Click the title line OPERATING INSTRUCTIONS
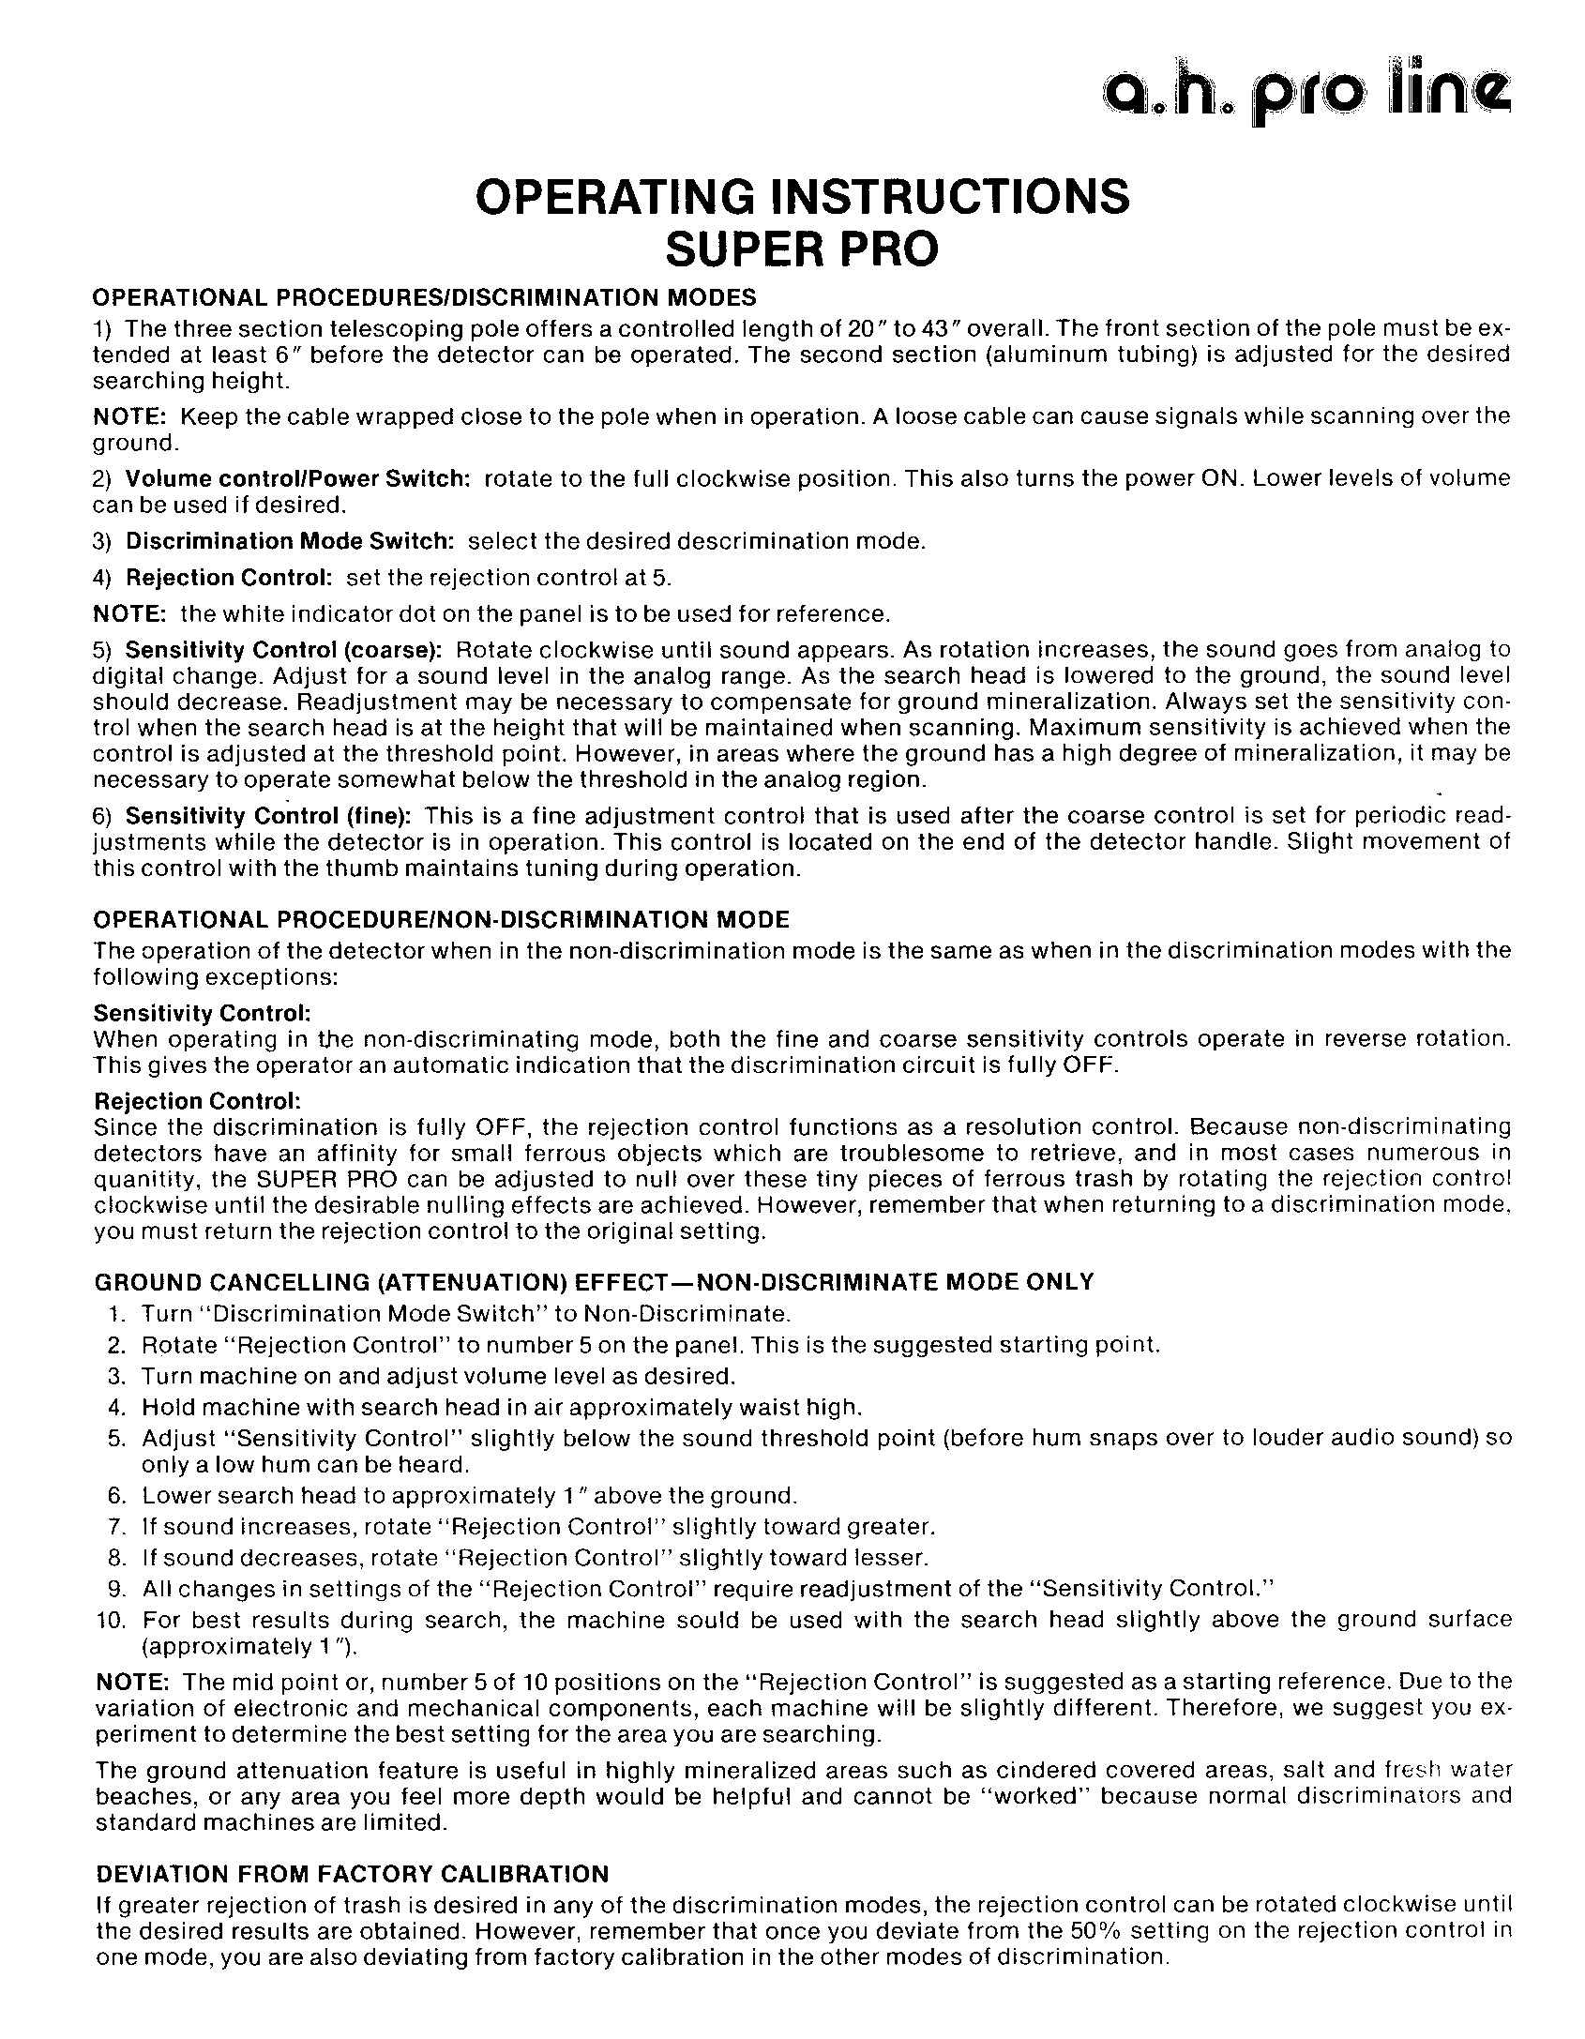802,197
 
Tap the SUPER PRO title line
802,249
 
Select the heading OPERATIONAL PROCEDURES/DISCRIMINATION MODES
424,298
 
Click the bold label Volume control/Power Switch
297,478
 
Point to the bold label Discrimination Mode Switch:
290,541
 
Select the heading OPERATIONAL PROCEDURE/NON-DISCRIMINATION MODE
442,919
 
